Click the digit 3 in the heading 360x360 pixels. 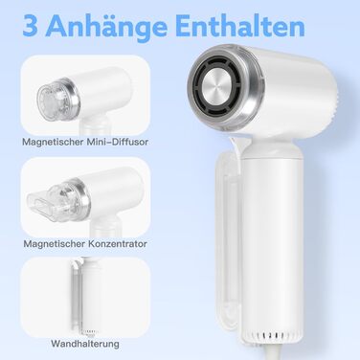pyautogui.click(x=30, y=26)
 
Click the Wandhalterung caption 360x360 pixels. pyautogui.click(x=85, y=344)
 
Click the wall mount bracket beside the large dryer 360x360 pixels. pyautogui.click(x=229, y=239)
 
